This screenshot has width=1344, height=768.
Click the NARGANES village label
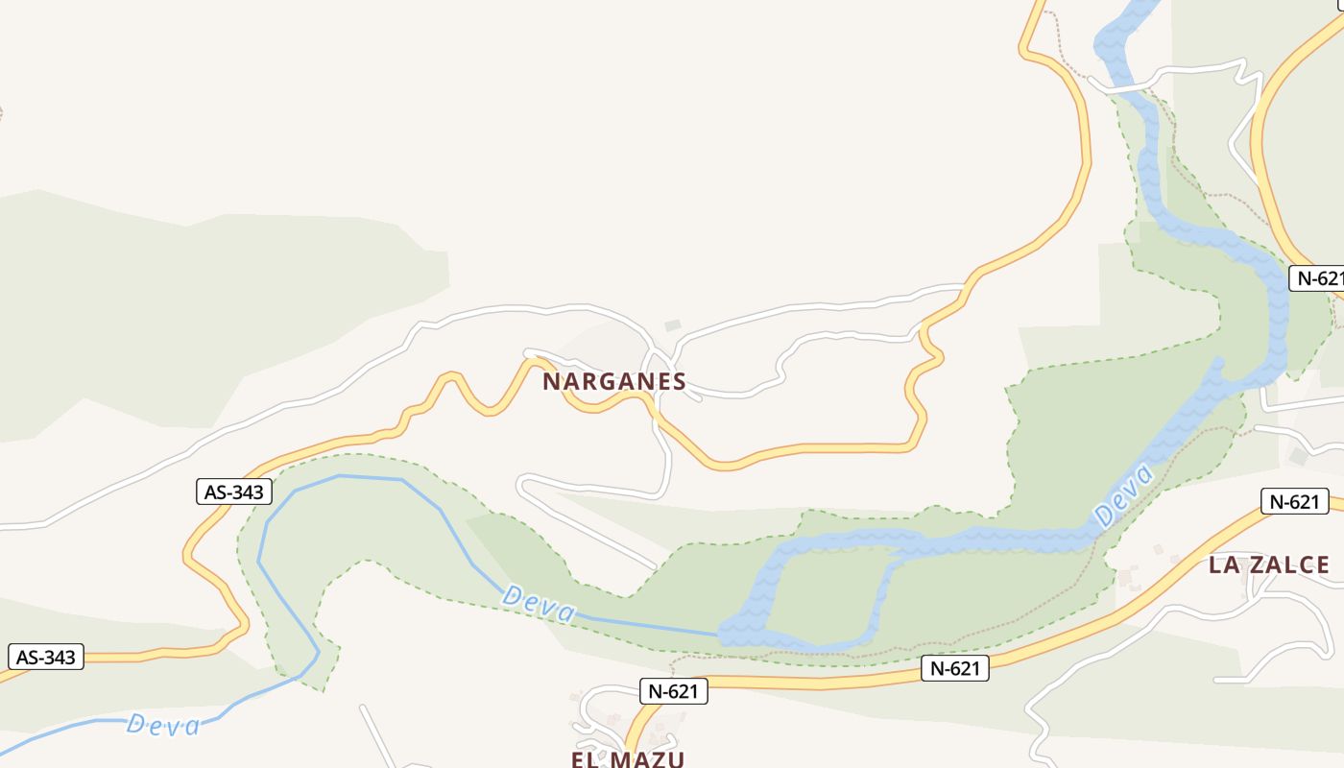coord(614,382)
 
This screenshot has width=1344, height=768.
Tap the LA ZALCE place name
coord(1269,565)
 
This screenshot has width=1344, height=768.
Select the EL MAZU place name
coord(628,759)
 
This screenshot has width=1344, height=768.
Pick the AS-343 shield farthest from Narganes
coord(46,658)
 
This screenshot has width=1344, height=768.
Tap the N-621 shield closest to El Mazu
coord(673,690)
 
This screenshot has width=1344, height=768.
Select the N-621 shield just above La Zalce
coord(1294,501)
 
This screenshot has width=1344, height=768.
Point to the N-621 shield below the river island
coord(954,668)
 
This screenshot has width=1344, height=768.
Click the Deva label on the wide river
coord(1123,495)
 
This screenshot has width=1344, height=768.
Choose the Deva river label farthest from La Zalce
coord(163,724)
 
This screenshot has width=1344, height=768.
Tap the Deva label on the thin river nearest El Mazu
coord(539,605)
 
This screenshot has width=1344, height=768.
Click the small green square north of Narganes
coord(672,326)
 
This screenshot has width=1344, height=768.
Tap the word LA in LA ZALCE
coord(1224,565)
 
